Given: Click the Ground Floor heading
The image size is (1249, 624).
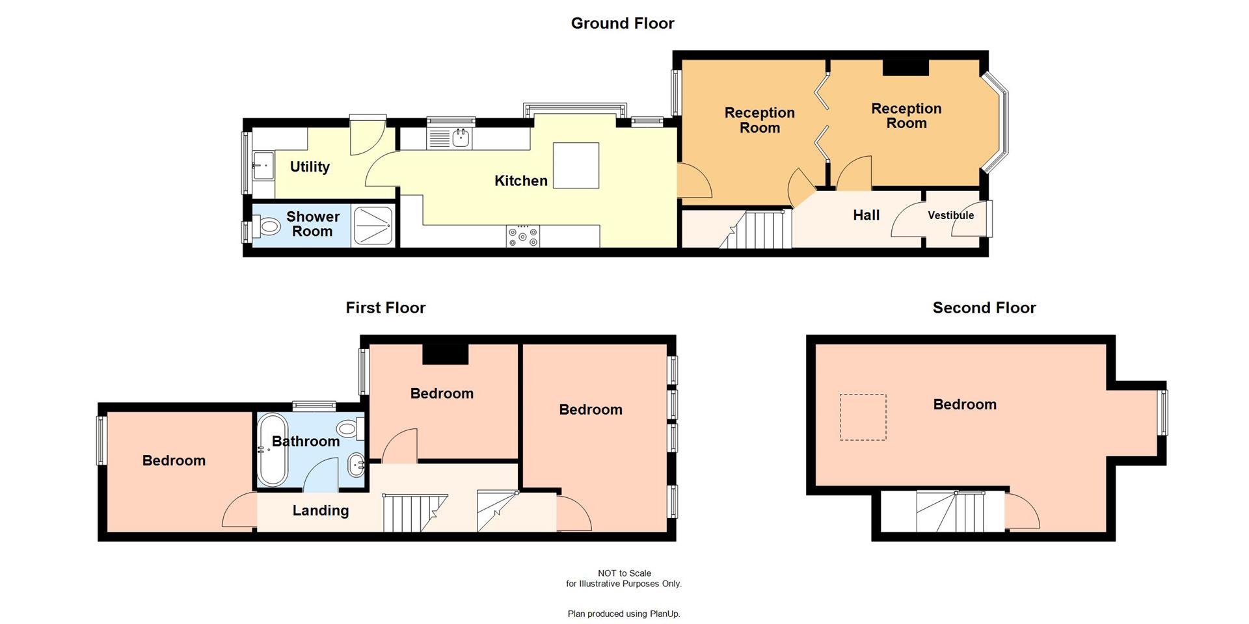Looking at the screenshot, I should [623, 23].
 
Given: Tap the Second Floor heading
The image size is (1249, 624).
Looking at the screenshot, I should [984, 307].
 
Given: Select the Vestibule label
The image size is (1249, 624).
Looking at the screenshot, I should [950, 215].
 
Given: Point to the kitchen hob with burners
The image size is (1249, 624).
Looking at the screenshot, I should [523, 236].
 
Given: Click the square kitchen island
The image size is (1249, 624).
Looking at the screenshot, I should [576, 166].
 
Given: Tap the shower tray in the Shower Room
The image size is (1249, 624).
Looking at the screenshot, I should [372, 226].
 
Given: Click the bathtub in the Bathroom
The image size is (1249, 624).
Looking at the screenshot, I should [272, 450].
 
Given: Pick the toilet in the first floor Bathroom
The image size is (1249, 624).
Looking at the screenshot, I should [349, 428].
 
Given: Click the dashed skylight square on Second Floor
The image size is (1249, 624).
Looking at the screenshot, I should [863, 417].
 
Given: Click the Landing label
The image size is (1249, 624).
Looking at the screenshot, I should [320, 510].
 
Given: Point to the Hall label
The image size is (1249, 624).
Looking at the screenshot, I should [866, 215].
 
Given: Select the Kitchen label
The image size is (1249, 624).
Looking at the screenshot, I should [520, 181].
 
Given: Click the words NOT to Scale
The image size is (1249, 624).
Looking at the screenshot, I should [624, 573].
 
